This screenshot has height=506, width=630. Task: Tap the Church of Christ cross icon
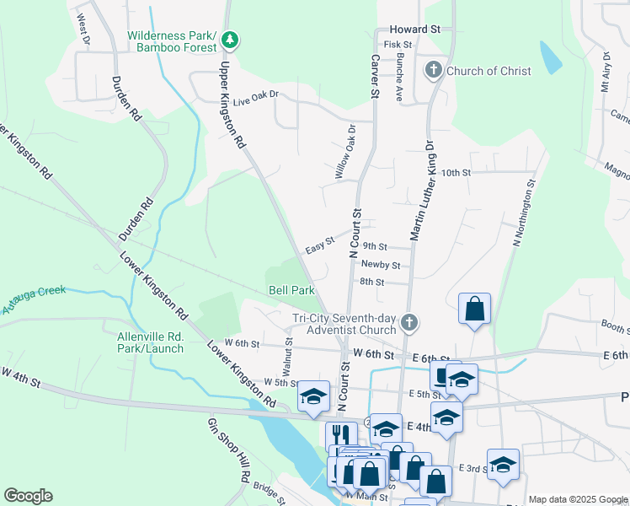click(x=435, y=70)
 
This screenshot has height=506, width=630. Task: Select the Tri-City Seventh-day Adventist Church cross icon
click(x=408, y=323)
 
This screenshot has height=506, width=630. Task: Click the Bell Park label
click(x=291, y=290)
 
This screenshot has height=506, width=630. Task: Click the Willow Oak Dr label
click(x=346, y=153)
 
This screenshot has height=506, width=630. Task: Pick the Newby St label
click(x=380, y=265)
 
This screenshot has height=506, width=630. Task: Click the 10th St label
click(x=455, y=172)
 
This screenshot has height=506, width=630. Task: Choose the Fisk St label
click(x=397, y=44)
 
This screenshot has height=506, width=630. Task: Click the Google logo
click(x=28, y=496)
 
